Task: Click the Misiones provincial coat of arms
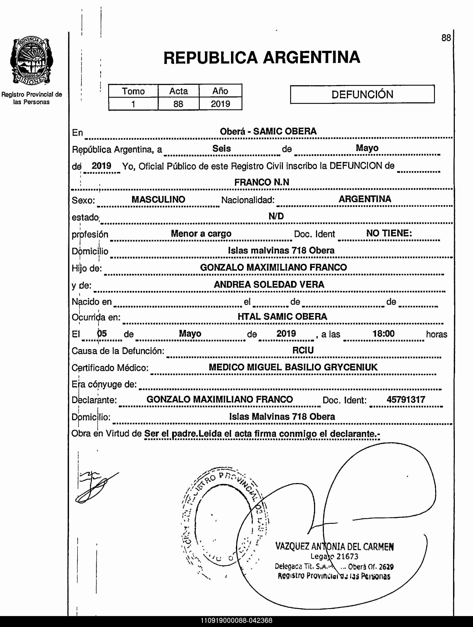pyautogui.click(x=32, y=61)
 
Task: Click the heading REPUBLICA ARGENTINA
pyautogui.click(x=262, y=58)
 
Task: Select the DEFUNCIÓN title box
pyautogui.click(x=362, y=94)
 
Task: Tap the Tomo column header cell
pyautogui.click(x=133, y=91)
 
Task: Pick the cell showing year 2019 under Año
pyautogui.click(x=221, y=104)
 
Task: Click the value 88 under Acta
pyautogui.click(x=178, y=104)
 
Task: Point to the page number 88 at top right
pyautogui.click(x=446, y=38)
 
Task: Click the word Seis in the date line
pyautogui.click(x=221, y=148)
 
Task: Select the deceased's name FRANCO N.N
pyautogui.click(x=262, y=182)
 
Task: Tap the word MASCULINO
pyautogui.click(x=158, y=199)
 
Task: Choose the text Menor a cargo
pyautogui.click(x=201, y=233)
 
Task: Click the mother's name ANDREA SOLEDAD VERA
pyautogui.click(x=269, y=284)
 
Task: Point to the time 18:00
pyautogui.click(x=383, y=334)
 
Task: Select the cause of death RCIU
pyautogui.click(x=303, y=350)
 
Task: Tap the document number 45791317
pyautogui.click(x=406, y=400)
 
